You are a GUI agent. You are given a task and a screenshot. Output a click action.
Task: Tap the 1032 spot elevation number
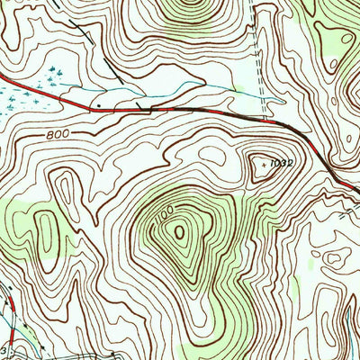pyautogui.click(x=283, y=164)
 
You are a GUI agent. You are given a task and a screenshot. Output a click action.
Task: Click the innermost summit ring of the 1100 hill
pyautogui.click(x=180, y=233)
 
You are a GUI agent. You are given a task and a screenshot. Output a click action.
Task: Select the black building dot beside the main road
pyautogui.click(x=98, y=104)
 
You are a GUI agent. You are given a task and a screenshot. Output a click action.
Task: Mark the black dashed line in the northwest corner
pyautogui.click(x=85, y=31)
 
